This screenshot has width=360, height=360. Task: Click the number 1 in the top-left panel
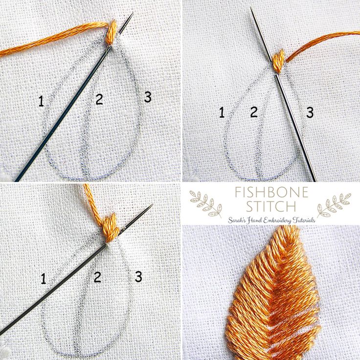[41, 101]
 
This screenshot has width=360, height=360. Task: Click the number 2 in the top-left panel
[99, 100]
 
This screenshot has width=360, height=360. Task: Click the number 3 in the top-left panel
[148, 97]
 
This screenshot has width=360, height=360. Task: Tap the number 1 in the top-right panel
[222, 113]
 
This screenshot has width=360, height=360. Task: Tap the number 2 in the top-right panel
[253, 112]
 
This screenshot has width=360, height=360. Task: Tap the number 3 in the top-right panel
[310, 112]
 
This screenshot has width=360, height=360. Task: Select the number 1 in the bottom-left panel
[44, 279]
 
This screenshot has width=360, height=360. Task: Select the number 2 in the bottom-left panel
[97, 277]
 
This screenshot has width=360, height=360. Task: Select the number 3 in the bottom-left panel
[138, 277]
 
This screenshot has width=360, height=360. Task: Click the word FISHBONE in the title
[271, 192]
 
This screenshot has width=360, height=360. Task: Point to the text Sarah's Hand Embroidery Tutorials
[271, 220]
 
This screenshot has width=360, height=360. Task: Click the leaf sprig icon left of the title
[205, 203]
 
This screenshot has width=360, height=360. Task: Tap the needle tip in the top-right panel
[251, 9]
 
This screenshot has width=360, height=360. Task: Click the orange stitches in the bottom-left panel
[108, 225]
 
